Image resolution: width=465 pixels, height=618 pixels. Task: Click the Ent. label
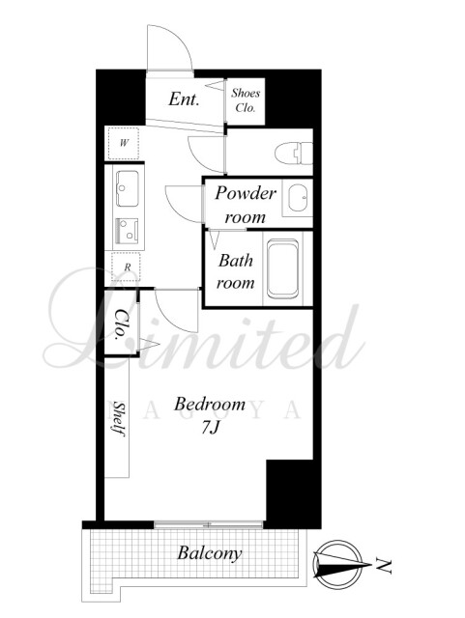(x=184, y=98)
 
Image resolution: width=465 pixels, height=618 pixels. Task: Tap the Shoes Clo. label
(x=246, y=100)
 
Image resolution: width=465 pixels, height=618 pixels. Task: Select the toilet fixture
(x=294, y=154)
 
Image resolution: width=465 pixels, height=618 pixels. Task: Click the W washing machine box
(x=124, y=144)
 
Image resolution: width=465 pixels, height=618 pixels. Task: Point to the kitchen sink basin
(x=127, y=188)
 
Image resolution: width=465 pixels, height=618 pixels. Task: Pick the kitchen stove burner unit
(x=127, y=232)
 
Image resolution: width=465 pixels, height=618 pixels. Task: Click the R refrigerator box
(x=127, y=267)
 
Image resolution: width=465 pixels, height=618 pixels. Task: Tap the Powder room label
(x=246, y=205)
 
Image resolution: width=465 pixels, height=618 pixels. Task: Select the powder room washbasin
(x=297, y=198)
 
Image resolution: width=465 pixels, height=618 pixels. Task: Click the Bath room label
(x=236, y=271)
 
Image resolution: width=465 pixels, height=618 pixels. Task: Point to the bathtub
(x=282, y=268)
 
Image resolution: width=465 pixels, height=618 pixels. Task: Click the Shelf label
(x=119, y=418)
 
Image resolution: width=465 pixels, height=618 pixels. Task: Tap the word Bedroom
(x=210, y=404)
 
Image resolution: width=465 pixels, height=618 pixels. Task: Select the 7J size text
(x=210, y=427)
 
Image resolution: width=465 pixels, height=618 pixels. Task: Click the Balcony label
(x=209, y=553)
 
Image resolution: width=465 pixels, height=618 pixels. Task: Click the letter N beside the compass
(x=383, y=566)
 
